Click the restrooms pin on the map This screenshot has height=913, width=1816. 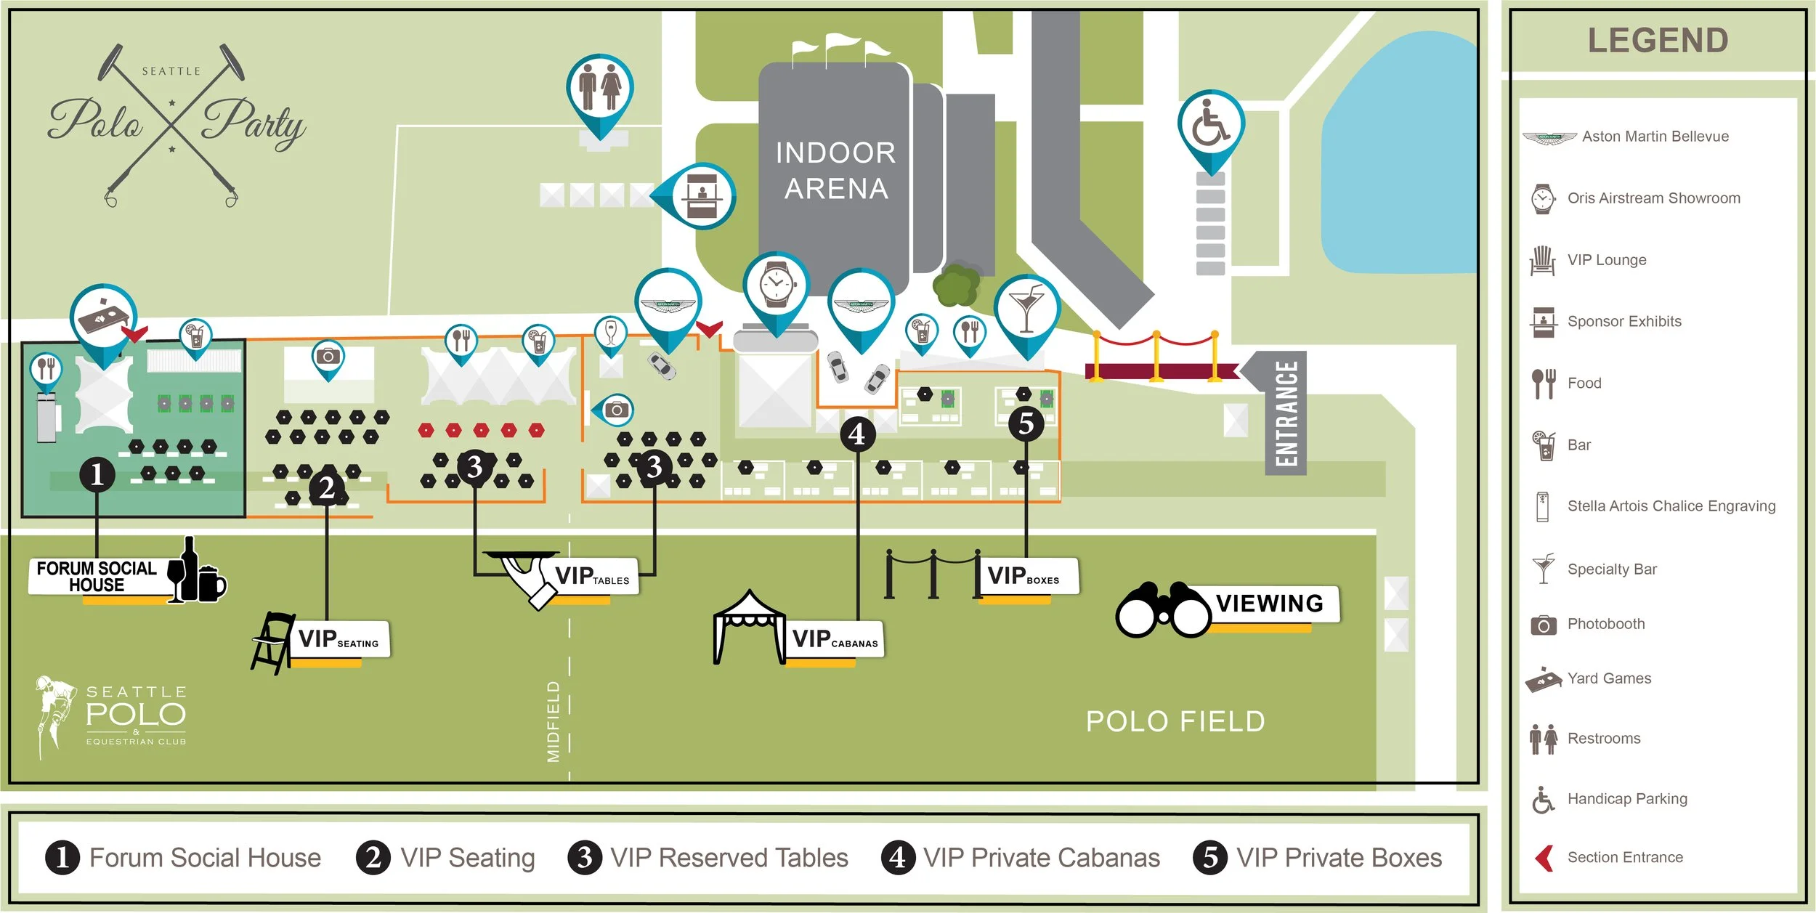coord(599,88)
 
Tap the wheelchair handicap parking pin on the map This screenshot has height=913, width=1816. coord(1211,124)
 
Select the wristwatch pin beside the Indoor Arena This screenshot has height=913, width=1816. coord(776,285)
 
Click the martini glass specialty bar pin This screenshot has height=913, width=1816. coord(1026,308)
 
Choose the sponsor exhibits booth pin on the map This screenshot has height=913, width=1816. coord(700,196)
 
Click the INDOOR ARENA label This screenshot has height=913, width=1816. coord(835,171)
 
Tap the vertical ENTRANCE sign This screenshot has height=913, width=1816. coord(1286,413)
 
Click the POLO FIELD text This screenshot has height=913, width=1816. coord(1175,721)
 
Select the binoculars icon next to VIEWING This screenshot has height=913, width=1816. coord(1163,610)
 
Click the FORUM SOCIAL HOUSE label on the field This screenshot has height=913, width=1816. coord(97,577)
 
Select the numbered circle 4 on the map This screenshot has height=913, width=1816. coord(857,434)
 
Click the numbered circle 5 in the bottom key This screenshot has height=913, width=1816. coord(1210,857)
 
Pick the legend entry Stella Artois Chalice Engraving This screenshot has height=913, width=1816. coord(1671,506)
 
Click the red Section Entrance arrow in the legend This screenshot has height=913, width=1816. coord(1545,858)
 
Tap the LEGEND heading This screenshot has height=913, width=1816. coord(1658,41)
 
